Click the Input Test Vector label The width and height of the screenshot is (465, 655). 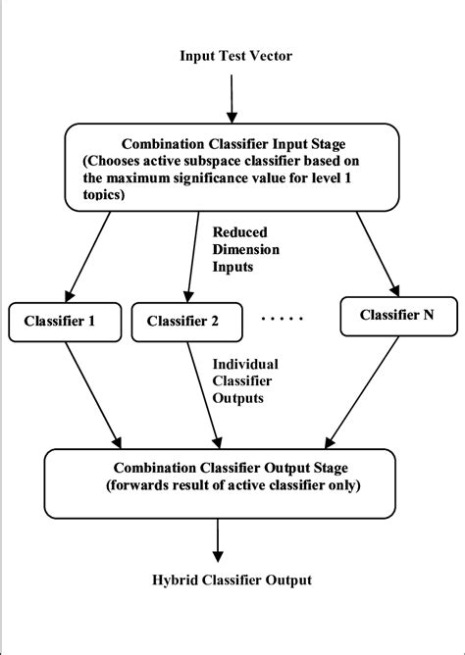tap(235, 55)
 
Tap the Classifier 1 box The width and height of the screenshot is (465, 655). tap(68, 319)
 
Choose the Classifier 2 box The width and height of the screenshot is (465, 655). tap(194, 320)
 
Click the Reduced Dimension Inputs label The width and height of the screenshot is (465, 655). tap(246, 249)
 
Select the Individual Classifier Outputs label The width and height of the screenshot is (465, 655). tap(246, 379)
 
